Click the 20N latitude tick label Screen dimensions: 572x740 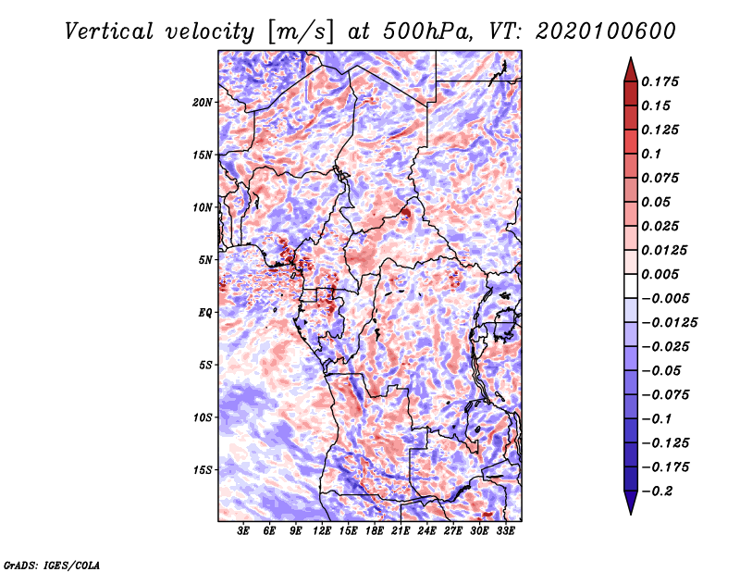pos(203,102)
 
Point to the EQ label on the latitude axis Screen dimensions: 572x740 pos(205,313)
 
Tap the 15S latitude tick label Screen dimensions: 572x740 pos(203,470)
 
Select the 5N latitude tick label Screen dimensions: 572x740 pos(205,260)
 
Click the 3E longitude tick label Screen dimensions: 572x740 pos(243,531)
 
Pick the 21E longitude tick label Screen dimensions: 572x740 pos(401,531)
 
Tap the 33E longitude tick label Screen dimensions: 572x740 pos(505,531)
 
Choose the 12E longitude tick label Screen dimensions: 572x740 pos(322,531)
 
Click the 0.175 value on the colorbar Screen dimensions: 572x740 pos(661,81)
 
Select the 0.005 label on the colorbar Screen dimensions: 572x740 pos(661,274)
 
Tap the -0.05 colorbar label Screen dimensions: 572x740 pos(661,370)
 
